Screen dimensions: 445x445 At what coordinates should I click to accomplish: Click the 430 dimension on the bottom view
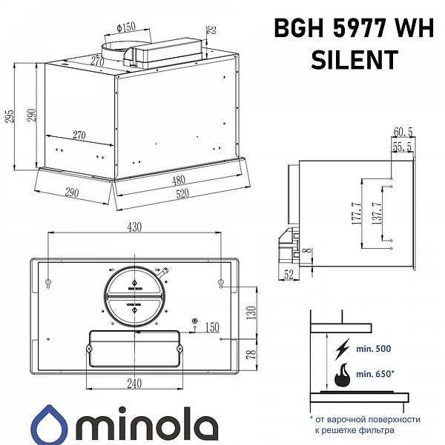(134, 227)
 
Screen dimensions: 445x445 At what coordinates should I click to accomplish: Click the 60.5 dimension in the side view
(403, 132)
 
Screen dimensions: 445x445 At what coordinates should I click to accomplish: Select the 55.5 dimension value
(403, 147)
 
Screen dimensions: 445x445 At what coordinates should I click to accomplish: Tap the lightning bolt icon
(343, 348)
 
